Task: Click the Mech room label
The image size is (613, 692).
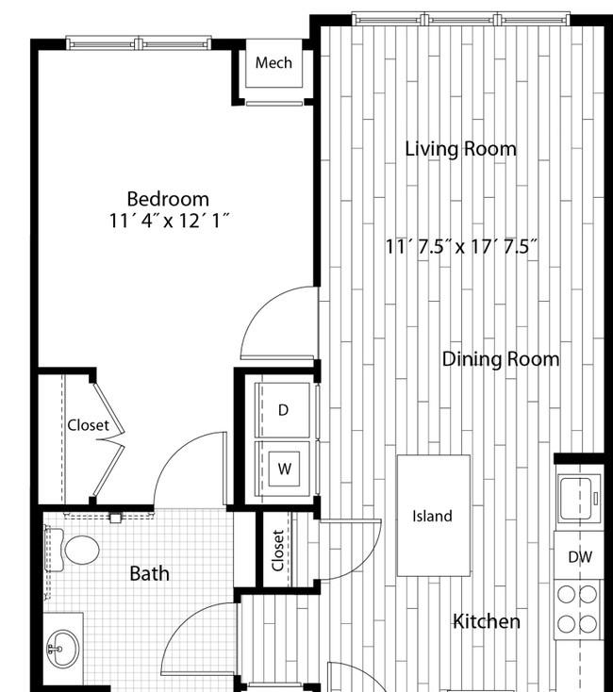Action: [x=273, y=62]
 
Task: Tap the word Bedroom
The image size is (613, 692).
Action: [x=168, y=199]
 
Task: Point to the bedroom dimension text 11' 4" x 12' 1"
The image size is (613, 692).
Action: [x=170, y=221]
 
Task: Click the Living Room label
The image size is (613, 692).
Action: [x=461, y=149]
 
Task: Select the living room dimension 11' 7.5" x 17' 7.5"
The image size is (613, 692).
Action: [x=461, y=246]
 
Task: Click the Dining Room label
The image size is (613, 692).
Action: [x=501, y=359]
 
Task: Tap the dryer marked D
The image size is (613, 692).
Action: [x=283, y=410]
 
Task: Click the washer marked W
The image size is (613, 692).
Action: [x=283, y=469]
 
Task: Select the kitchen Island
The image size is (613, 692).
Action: [x=434, y=516]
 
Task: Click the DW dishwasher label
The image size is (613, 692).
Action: [x=580, y=557]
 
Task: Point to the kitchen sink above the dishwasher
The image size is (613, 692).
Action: [x=579, y=498]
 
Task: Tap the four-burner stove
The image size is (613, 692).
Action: [x=578, y=609]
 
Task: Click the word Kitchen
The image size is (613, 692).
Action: [x=487, y=621]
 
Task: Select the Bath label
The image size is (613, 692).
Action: [x=150, y=573]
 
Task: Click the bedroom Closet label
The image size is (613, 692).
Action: [x=88, y=425]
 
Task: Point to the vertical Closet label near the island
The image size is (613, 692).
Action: [x=277, y=551]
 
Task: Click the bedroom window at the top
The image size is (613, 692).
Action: [x=139, y=43]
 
